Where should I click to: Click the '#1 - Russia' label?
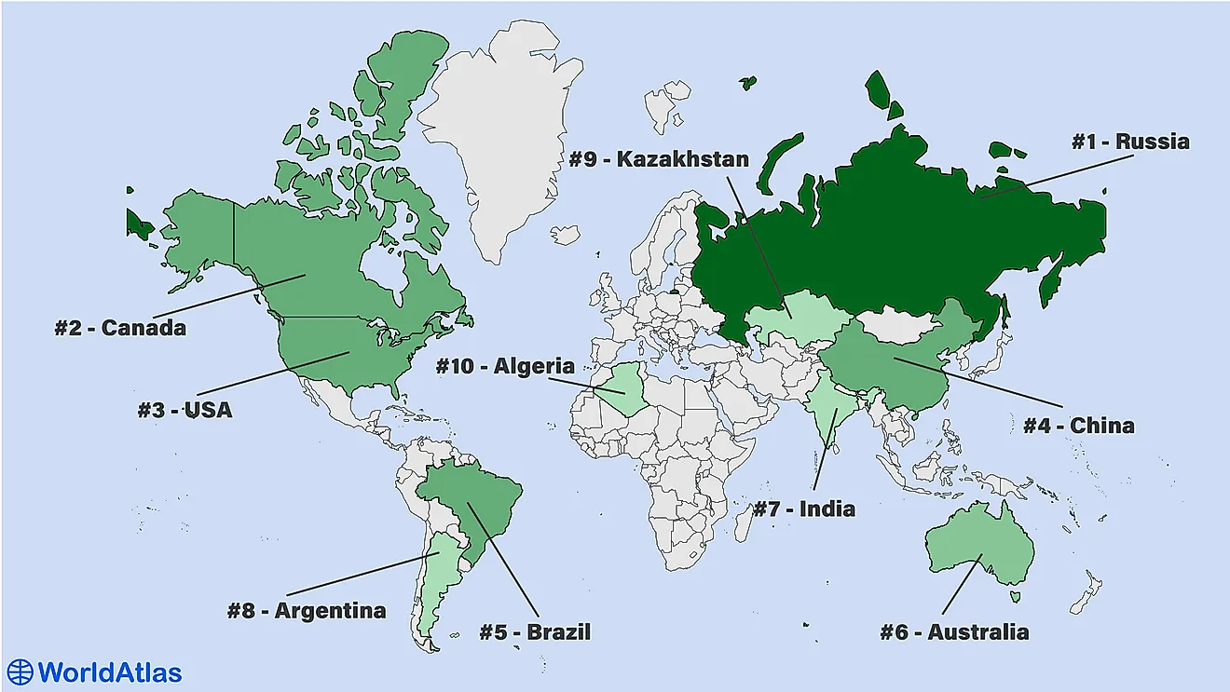pos(1129,142)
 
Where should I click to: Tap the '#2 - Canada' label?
pos(120,328)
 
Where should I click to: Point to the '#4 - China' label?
pos(1079,426)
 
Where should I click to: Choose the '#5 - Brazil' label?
pos(535,632)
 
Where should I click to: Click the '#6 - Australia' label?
pos(954,632)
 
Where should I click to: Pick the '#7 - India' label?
pos(803,509)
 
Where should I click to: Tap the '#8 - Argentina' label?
pos(307,611)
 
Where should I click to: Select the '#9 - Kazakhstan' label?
pos(659,159)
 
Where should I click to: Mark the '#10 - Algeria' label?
pos(505,366)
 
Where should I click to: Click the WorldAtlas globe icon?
pos(20,672)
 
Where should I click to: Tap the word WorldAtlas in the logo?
pos(109,672)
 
